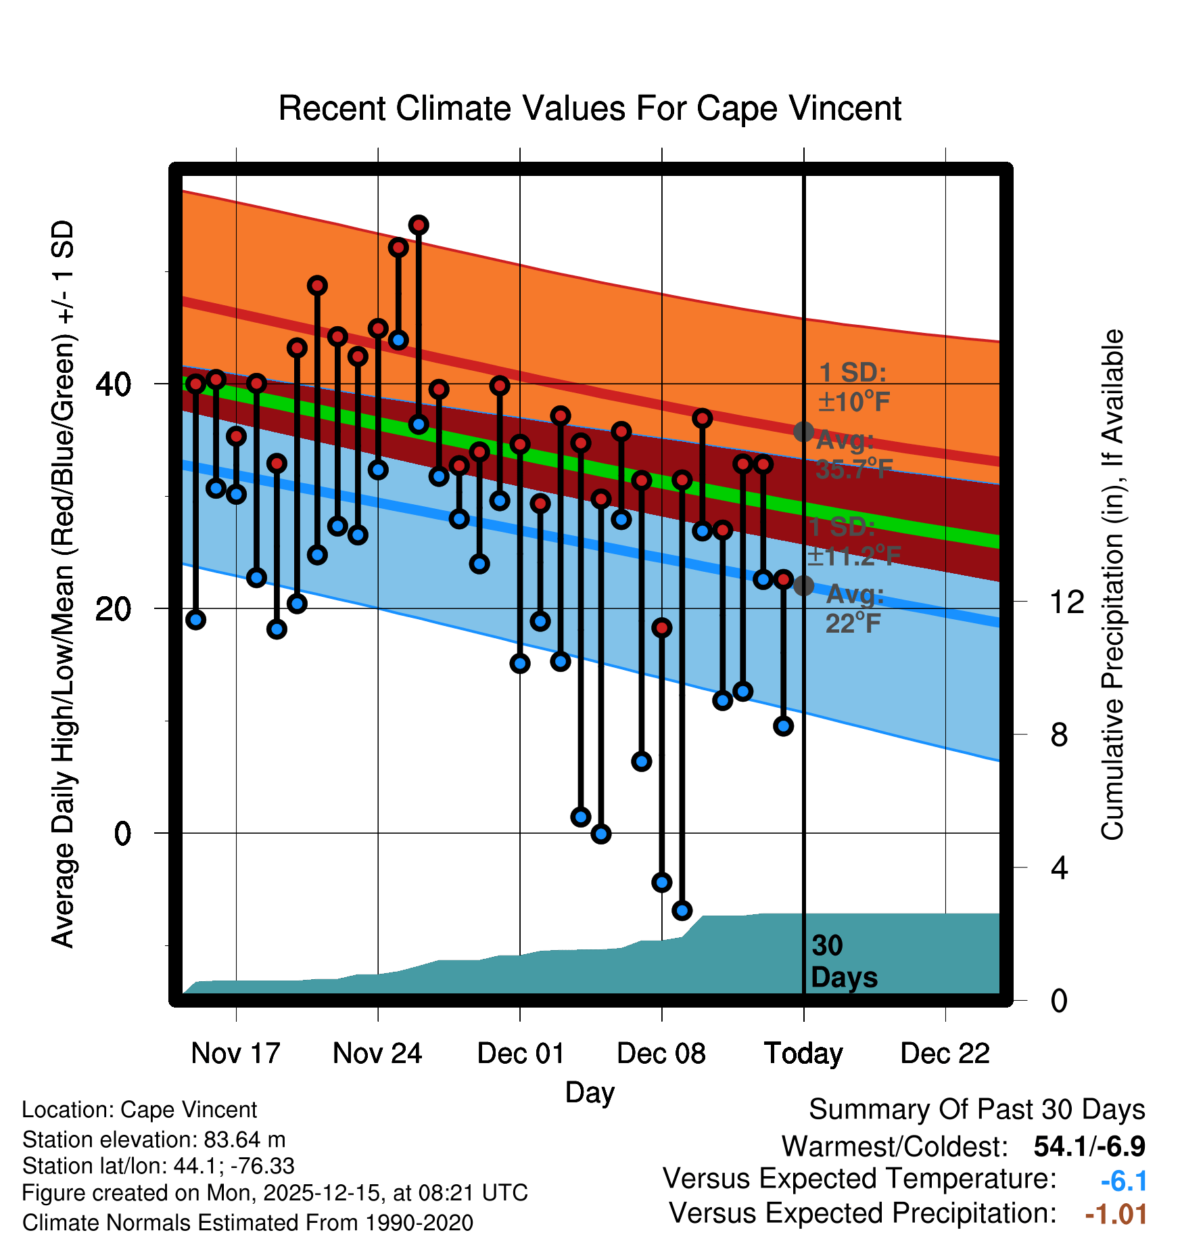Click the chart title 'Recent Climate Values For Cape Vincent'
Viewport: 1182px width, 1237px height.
(x=590, y=109)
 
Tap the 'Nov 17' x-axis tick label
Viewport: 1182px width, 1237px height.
(x=235, y=1054)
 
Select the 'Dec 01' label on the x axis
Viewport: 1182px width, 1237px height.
(x=520, y=1054)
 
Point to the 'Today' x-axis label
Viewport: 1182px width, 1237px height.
(x=803, y=1054)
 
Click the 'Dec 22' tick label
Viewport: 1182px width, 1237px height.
(x=945, y=1054)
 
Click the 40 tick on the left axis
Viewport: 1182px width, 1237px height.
(x=113, y=384)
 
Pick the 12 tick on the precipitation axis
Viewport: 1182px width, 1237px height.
(x=1066, y=602)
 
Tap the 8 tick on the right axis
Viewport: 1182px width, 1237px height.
(x=1059, y=735)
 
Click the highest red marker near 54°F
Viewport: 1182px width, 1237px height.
(x=419, y=225)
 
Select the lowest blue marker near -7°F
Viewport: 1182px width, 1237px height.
(x=682, y=910)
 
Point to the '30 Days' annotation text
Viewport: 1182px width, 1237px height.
(x=843, y=962)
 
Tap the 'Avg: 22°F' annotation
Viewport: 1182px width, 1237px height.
(x=854, y=608)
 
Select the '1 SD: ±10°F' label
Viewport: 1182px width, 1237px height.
(x=853, y=387)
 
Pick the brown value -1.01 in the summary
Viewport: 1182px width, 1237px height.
(x=1116, y=1214)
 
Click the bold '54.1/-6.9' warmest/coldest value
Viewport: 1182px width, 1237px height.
(x=1089, y=1146)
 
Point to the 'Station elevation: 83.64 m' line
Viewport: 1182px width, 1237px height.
(x=153, y=1140)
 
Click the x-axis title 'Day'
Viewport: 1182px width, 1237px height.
(x=590, y=1092)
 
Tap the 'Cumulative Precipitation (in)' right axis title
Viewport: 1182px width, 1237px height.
(x=1112, y=585)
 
